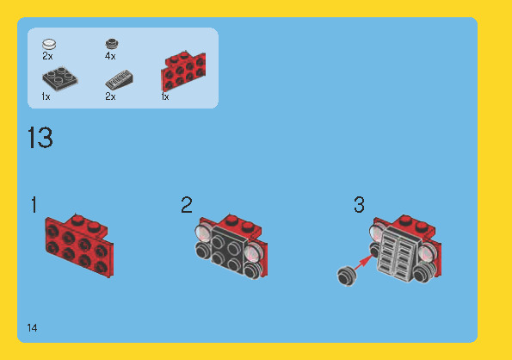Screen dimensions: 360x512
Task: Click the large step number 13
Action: (x=40, y=139)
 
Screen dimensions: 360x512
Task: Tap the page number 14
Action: (x=32, y=328)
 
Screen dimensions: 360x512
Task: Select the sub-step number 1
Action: (x=34, y=206)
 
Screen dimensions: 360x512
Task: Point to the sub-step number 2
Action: (x=187, y=206)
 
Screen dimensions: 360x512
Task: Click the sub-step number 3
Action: (x=359, y=206)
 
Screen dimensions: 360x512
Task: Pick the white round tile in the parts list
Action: (x=49, y=43)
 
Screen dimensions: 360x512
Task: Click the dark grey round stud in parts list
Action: (x=110, y=43)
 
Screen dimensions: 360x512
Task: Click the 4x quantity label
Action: (x=110, y=56)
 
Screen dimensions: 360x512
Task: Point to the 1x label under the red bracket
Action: (x=165, y=97)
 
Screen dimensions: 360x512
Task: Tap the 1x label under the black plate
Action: (x=46, y=97)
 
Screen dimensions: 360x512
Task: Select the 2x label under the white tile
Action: (x=47, y=56)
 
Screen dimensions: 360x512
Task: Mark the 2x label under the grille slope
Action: (x=110, y=97)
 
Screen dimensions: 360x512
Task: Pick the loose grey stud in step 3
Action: (x=348, y=275)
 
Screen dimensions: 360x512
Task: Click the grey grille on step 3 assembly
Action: (x=396, y=251)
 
